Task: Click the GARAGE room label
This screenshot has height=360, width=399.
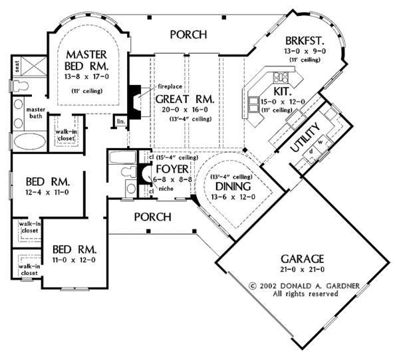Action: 302,258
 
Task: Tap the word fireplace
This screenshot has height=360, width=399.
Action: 170,86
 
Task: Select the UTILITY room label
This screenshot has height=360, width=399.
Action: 305,137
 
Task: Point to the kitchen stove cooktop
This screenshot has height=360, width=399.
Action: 281,77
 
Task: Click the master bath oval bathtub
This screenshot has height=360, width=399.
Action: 29,141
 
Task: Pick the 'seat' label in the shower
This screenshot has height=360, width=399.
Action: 17,66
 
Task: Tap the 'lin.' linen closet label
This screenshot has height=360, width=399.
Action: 121,122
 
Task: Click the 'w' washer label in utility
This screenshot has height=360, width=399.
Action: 321,142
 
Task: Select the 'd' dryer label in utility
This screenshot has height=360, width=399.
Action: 311,151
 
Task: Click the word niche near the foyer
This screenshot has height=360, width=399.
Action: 166,189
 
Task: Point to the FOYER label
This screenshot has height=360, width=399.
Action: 172,169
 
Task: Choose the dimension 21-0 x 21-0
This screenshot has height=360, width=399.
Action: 303,269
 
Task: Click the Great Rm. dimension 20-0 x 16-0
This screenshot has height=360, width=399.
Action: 185,110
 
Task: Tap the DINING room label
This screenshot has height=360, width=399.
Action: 233,187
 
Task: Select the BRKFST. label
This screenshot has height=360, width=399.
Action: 305,41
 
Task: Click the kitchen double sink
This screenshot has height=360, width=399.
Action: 253,104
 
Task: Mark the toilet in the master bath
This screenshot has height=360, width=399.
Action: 21,86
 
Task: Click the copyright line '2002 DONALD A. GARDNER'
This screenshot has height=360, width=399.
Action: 305,286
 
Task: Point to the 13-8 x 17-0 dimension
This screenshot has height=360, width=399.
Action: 86,76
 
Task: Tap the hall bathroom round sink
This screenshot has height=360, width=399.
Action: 131,189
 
